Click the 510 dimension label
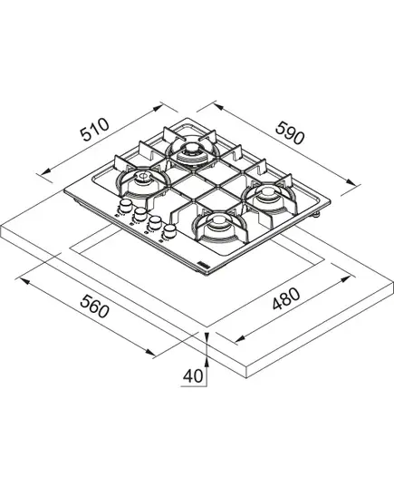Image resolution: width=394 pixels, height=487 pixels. [95, 130]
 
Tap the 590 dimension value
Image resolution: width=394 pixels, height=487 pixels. [290, 132]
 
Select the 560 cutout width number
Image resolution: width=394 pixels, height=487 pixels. [94, 306]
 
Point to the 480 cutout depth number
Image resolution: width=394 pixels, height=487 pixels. [286, 298]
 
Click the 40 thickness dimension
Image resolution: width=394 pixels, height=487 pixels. [193, 376]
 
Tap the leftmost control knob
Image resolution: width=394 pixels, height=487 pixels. [125, 205]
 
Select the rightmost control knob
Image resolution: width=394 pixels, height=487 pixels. [169, 230]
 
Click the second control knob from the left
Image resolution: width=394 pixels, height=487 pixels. [139, 213]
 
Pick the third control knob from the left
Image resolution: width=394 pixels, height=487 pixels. [155, 222]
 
